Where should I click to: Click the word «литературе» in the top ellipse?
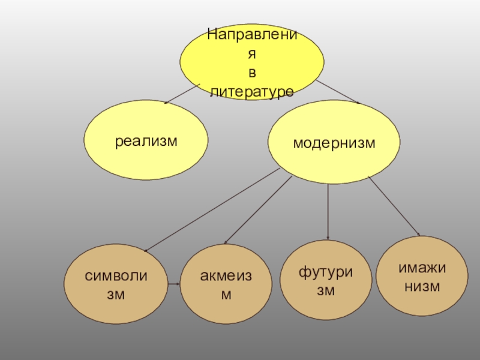[252, 92]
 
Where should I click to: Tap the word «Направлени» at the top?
[252, 34]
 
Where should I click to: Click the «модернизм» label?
[334, 143]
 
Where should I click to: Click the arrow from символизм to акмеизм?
[174, 283]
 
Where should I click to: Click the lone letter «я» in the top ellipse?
[253, 53]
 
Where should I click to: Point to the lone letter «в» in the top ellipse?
[253, 73]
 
